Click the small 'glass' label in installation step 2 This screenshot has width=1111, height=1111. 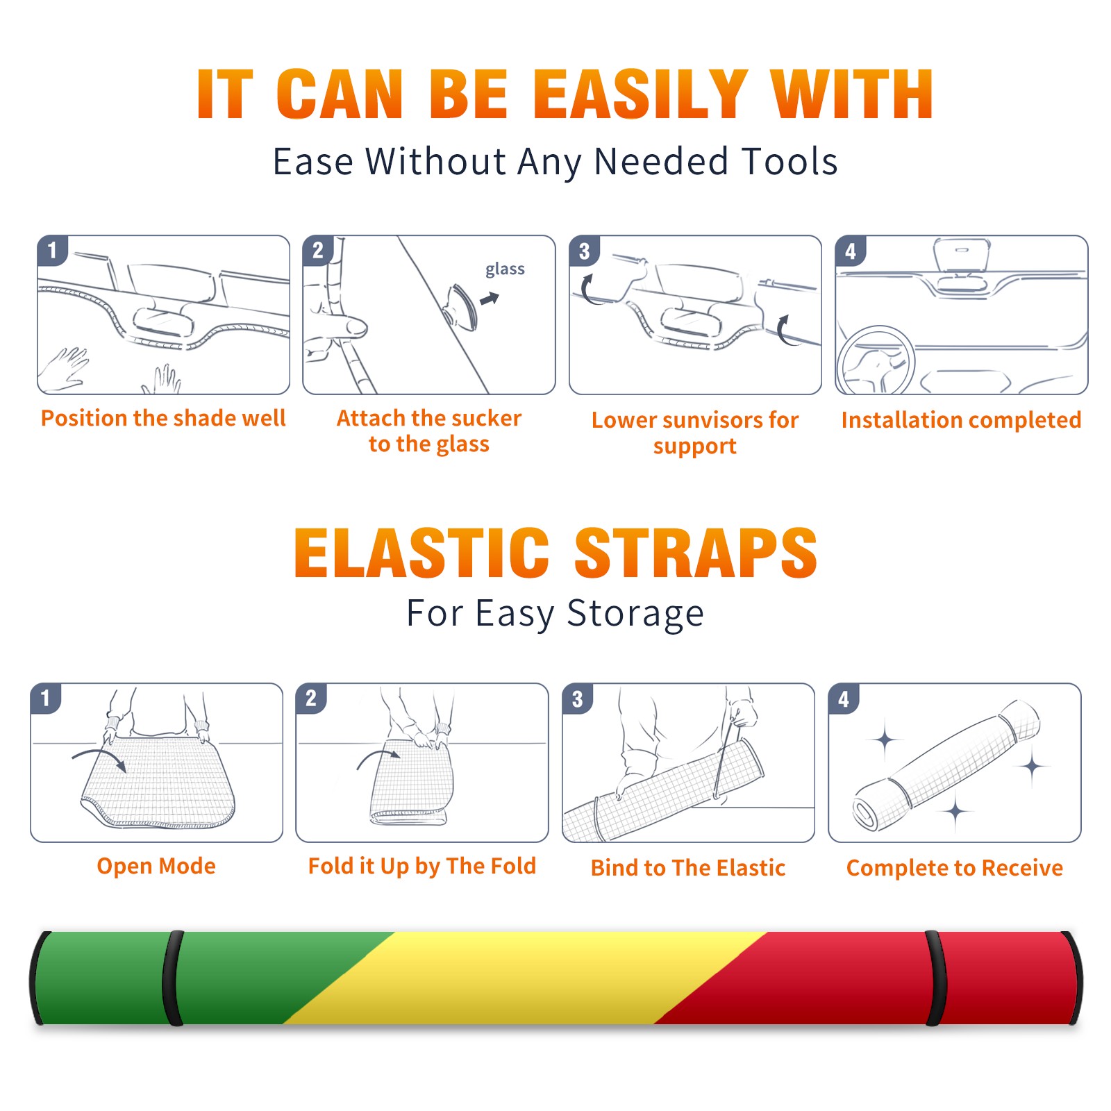tap(505, 269)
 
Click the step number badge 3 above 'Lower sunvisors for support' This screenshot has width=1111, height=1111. tap(584, 251)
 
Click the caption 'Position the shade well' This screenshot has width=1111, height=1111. tap(163, 418)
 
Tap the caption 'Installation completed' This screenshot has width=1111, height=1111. tap(961, 420)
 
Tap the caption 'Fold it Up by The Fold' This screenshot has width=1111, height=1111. tap(422, 866)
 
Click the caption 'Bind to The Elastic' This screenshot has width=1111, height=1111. tap(688, 868)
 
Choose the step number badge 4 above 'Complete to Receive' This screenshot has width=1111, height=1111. tap(844, 699)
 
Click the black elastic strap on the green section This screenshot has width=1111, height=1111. tap(174, 978)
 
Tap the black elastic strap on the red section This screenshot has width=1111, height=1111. tap(935, 978)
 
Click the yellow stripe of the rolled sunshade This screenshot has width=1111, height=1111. tap(526, 978)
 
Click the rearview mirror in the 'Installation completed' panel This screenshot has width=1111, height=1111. tap(962, 256)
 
